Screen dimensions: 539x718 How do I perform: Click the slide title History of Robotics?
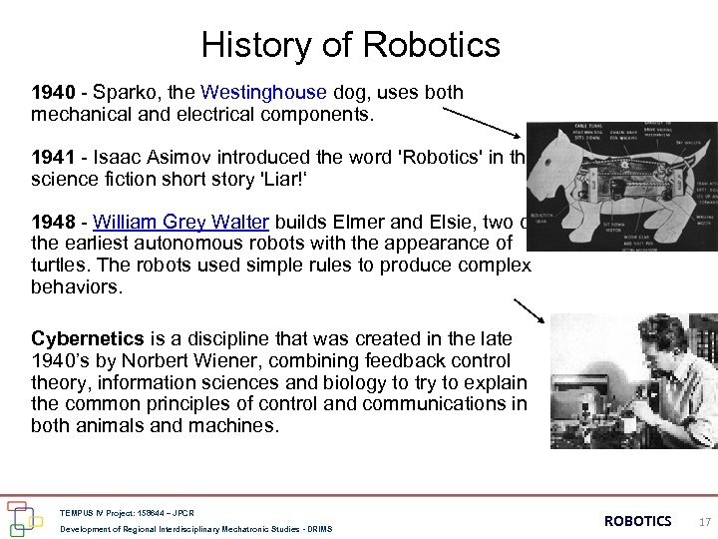pos(350,45)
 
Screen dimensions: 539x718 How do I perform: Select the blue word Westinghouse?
pos(263,93)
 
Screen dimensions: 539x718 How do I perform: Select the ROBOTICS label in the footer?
pos(638,521)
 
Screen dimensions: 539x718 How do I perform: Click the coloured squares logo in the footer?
pos(25,517)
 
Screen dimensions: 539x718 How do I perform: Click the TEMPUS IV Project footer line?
pos(128,513)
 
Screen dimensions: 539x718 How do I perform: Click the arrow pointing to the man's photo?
pos(530,310)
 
